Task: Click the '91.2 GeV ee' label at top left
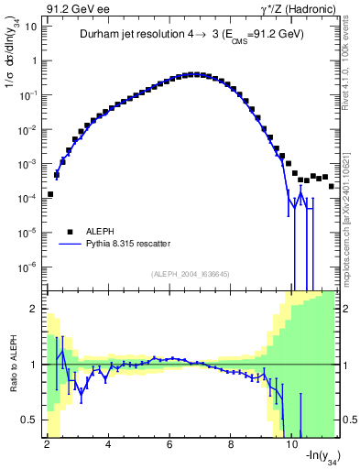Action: [73, 9]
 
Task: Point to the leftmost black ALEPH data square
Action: [50, 194]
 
